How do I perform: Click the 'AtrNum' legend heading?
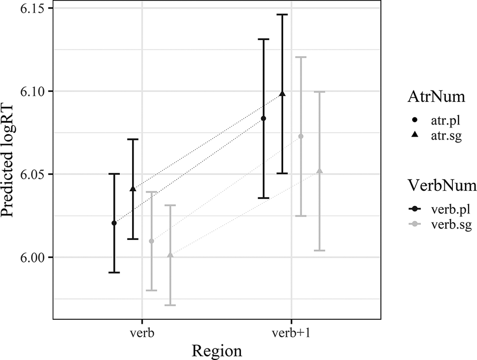pos(426,98)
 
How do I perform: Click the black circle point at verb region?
pos(114,223)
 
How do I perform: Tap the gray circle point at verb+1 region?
pos(301,137)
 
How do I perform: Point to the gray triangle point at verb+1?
pos(319,171)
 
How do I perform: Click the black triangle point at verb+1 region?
pos(282,93)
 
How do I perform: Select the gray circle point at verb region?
pos(152,241)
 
